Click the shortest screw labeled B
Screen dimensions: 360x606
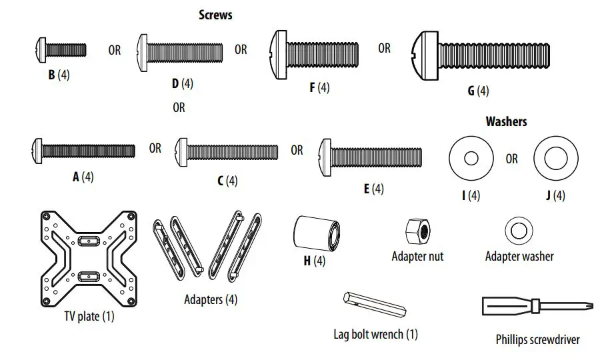[59, 49]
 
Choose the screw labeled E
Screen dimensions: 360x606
[371, 152]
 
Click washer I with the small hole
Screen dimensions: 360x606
[470, 159]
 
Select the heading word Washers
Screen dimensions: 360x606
[506, 121]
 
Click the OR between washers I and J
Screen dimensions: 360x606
[511, 159]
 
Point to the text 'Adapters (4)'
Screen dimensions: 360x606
[211, 299]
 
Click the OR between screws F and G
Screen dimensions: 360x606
[385, 48]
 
